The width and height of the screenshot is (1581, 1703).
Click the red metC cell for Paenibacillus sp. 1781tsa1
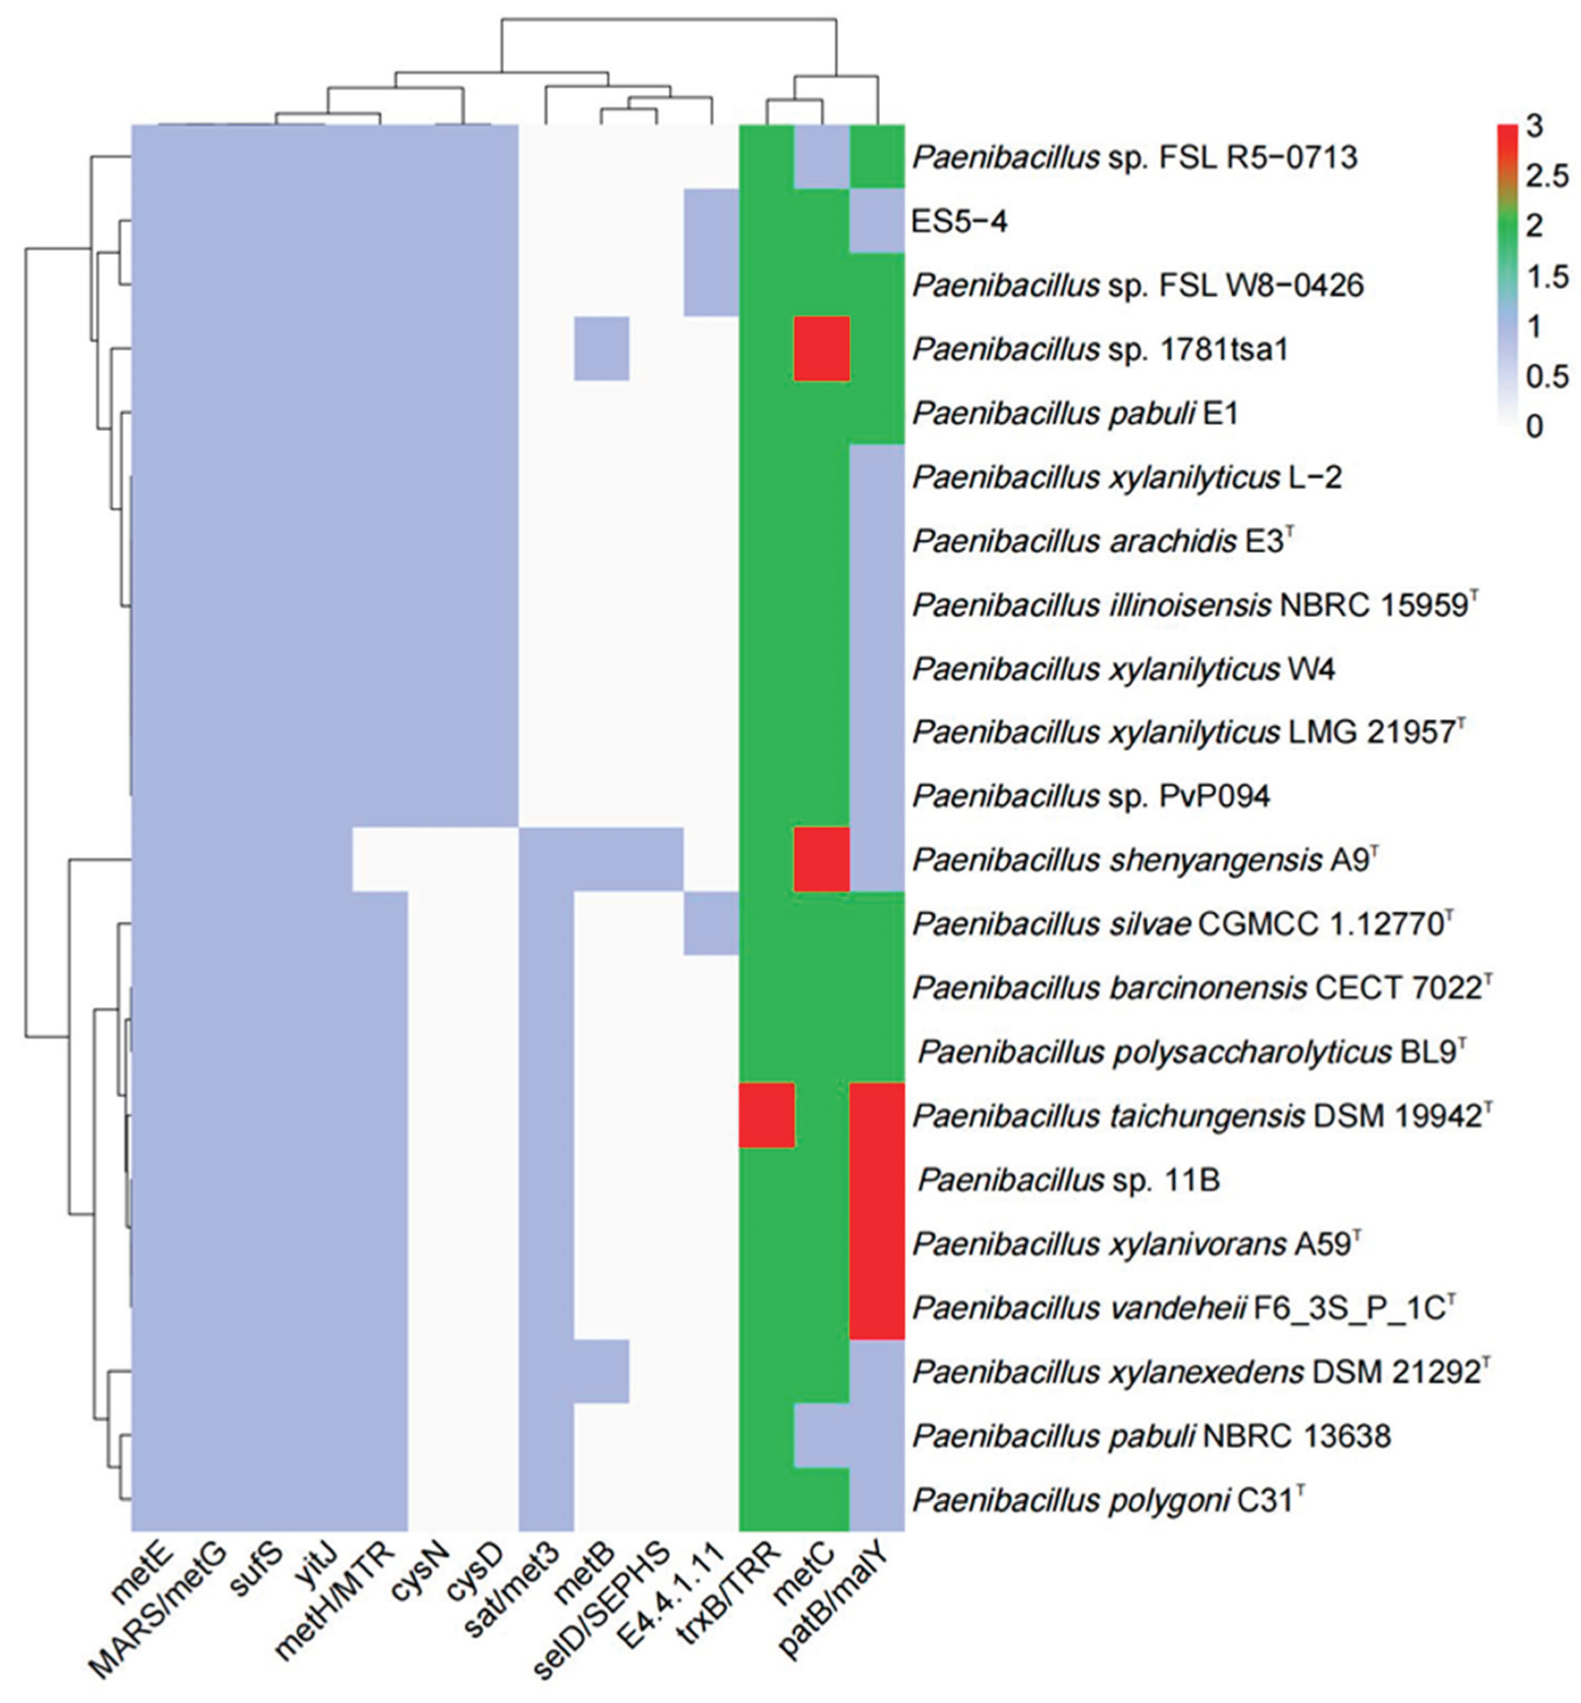(x=821, y=348)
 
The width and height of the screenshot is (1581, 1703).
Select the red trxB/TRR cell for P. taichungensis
(x=766, y=1114)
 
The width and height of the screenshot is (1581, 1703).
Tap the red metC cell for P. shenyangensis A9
(x=821, y=858)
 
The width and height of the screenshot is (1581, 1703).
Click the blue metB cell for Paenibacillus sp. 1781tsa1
(x=601, y=348)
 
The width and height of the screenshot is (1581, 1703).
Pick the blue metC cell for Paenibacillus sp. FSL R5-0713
(x=821, y=156)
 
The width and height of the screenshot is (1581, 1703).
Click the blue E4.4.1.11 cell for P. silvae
(x=711, y=923)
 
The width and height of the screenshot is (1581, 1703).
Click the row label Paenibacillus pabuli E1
(x=1075, y=413)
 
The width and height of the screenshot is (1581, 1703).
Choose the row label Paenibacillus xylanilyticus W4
(x=1123, y=669)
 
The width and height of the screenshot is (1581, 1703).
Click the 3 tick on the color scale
(x=1534, y=127)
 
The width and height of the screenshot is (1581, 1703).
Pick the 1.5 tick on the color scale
(x=1547, y=277)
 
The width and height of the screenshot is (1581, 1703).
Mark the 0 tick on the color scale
(x=1534, y=425)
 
